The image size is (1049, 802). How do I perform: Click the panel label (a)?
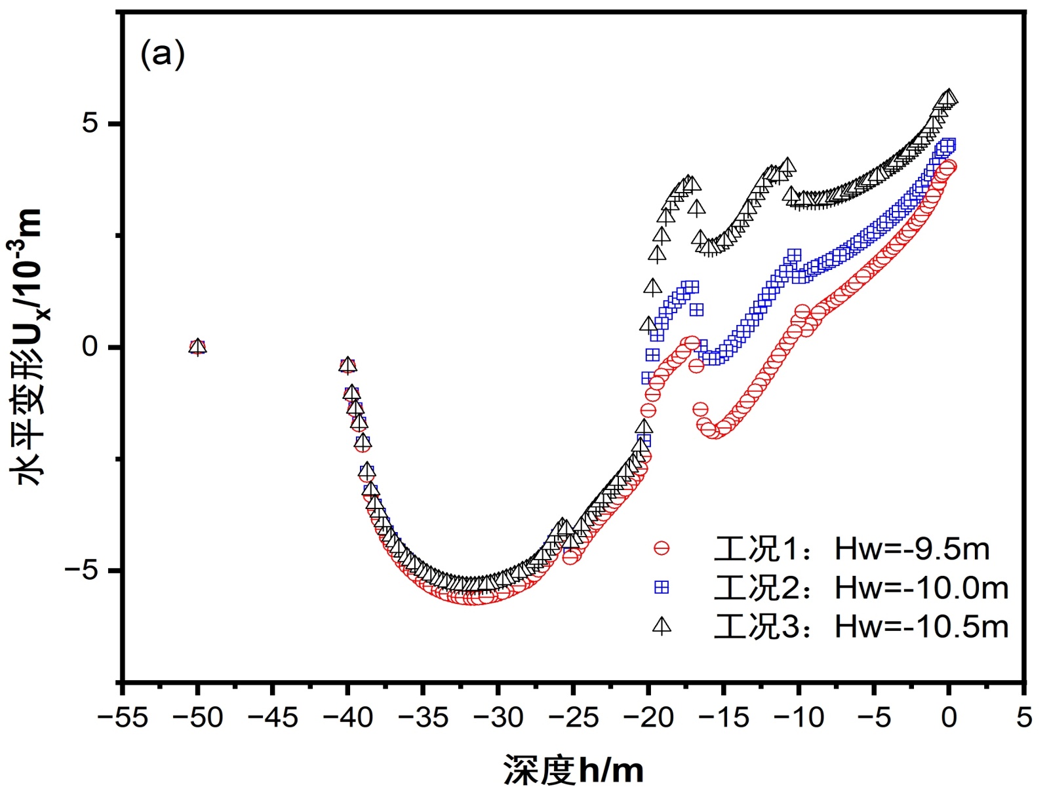tap(163, 54)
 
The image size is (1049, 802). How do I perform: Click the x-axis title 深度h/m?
tap(573, 770)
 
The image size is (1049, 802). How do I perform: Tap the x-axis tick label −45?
tap(272, 717)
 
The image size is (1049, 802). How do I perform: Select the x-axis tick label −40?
tap(347, 717)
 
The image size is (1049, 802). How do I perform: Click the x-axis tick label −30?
tap(498, 717)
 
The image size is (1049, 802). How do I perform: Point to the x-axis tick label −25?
tap(573, 717)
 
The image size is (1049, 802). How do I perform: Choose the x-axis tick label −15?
tap(723, 717)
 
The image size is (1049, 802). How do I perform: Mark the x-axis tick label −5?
tap(873, 717)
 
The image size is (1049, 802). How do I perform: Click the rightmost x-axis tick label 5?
tap(1023, 717)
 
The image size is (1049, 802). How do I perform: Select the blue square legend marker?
tap(662, 588)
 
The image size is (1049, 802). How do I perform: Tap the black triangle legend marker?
tap(662, 626)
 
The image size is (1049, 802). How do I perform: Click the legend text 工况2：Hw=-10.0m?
tap(860, 588)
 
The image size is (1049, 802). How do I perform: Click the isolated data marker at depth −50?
tap(197, 347)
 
